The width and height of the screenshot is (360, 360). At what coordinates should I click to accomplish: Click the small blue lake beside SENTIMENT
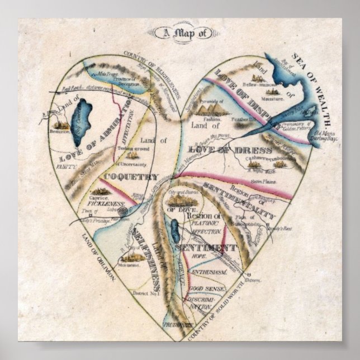(174, 229)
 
